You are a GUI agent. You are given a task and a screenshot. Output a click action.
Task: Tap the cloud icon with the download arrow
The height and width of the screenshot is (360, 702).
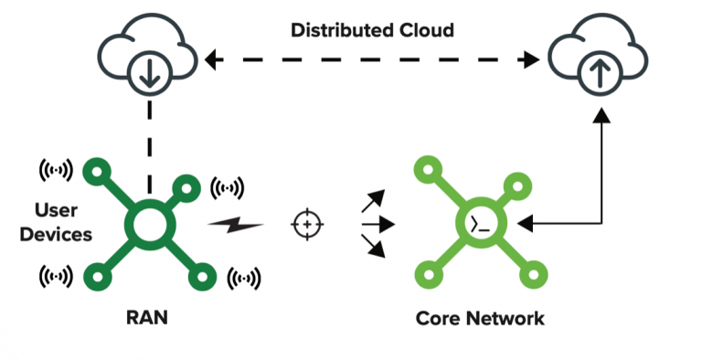point(148,54)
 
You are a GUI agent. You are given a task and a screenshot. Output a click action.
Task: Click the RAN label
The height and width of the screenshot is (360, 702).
point(147,317)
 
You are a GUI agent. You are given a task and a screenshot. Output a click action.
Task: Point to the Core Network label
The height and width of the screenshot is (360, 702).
point(480,318)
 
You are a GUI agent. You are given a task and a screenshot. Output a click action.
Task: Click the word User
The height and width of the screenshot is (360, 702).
point(56,210)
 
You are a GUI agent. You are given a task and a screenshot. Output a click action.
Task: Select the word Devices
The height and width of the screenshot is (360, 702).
point(56,234)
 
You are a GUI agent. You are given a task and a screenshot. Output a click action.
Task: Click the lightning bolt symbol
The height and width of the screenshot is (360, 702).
point(236,224)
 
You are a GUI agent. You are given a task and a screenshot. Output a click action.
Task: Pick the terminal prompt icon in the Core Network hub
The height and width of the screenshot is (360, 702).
point(481,225)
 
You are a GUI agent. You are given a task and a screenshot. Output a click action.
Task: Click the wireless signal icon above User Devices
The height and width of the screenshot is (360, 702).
point(56,171)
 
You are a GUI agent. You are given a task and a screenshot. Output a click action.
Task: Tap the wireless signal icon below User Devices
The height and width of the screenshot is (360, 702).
point(56,276)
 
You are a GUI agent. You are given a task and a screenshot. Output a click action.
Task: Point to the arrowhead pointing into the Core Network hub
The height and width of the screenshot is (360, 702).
point(525,223)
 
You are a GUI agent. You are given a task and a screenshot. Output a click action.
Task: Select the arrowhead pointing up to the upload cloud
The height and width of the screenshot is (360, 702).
point(601,114)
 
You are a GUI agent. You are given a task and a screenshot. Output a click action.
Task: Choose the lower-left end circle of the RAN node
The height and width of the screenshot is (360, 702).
point(98,277)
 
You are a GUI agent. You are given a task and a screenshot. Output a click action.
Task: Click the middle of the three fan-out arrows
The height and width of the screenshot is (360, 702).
point(378,224)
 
